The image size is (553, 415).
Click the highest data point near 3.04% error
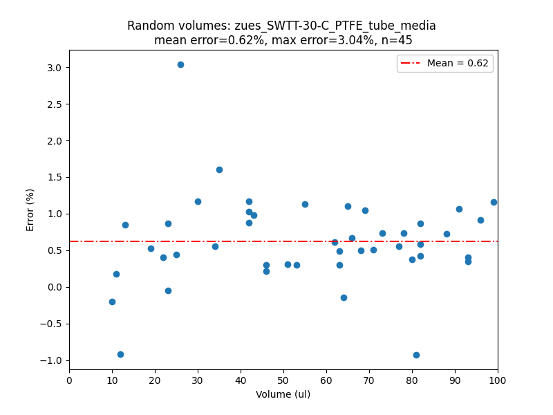180,64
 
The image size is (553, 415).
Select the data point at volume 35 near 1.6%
219,169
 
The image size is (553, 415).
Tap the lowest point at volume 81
416,355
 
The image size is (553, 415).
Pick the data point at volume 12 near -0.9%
120,354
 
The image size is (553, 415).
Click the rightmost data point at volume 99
494,202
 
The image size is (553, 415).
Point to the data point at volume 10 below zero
112,302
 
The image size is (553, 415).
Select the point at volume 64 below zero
344,297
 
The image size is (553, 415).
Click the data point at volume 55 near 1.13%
305,204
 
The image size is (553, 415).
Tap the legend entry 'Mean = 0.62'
457,64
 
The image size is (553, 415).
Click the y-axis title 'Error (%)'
30,210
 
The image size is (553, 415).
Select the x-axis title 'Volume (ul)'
283,394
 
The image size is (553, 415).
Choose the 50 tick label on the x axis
283,380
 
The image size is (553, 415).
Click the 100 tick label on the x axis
498,380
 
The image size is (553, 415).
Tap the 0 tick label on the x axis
69,380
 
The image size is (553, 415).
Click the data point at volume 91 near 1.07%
459,209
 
